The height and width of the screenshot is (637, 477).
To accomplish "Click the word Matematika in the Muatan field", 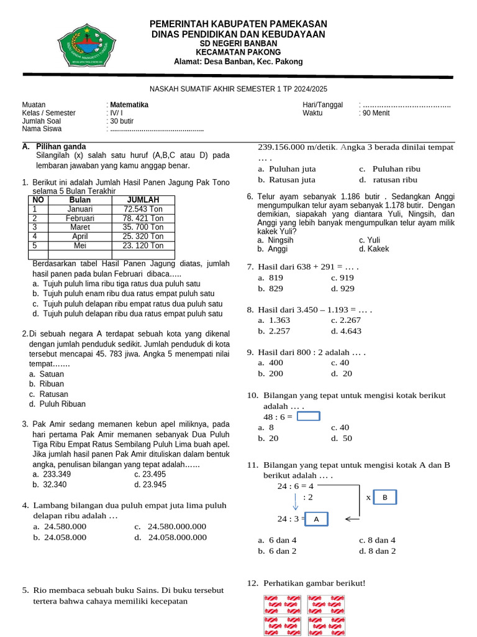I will [129, 105].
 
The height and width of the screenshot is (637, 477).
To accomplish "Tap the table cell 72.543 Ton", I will [143, 209].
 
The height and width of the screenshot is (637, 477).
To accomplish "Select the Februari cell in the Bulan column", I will [79, 218].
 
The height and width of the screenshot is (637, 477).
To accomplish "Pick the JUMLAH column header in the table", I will [143, 200].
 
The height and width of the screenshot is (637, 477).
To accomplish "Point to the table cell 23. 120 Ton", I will [143, 245].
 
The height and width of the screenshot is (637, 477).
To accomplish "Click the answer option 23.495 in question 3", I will [150, 474].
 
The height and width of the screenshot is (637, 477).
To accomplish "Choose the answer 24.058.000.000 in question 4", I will [177, 537].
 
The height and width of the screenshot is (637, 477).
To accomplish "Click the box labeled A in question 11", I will [316, 519].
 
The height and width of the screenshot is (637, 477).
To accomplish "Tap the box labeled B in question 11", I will [384, 498].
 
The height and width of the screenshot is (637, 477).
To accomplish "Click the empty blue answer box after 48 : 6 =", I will [309, 416].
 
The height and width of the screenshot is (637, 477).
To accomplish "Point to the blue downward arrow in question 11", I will [295, 501].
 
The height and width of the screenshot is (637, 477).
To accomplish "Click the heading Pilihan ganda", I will [61, 146].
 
